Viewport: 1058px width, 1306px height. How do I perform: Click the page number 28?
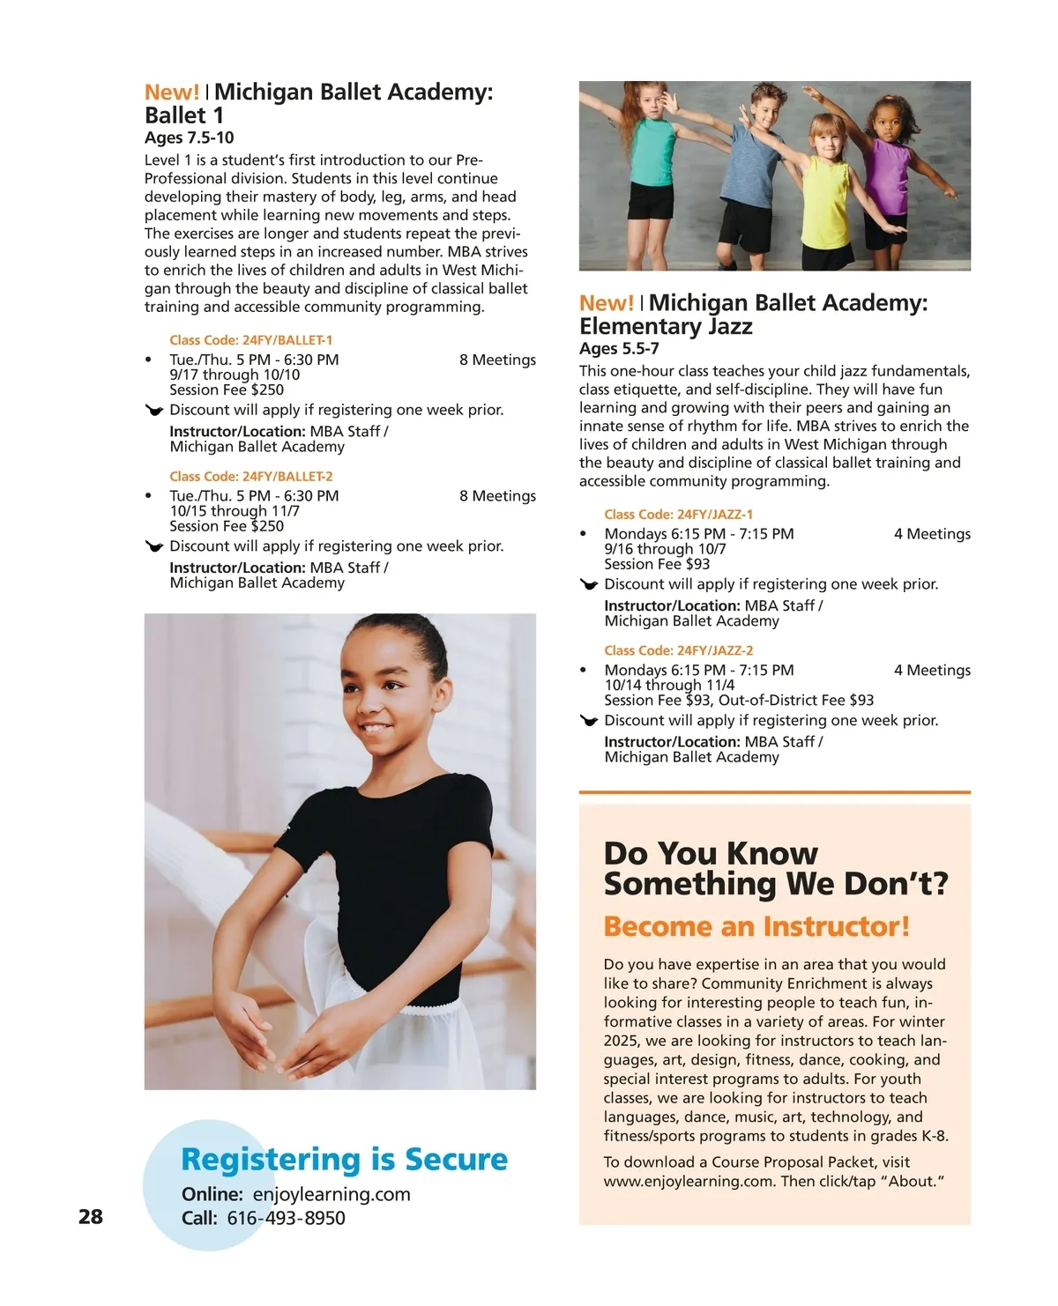pos(91,1217)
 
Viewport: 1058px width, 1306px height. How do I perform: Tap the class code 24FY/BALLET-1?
pos(250,340)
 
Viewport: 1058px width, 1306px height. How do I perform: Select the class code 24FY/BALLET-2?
pos(250,477)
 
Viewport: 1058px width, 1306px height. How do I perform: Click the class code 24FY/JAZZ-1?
pos(678,515)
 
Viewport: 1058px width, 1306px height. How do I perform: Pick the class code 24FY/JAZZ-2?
pos(678,651)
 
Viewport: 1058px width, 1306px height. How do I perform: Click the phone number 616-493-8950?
pos(286,1219)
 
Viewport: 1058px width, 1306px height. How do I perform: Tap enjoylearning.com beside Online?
pos(332,1195)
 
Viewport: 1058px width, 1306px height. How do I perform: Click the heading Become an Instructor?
pos(756,927)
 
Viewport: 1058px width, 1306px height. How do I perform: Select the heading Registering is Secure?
pos(344,1160)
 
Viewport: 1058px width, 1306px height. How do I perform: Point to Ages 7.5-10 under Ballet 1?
pos(190,137)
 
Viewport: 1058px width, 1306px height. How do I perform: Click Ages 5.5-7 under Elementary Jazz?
pos(619,349)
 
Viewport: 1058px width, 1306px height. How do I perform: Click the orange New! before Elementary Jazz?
pos(606,303)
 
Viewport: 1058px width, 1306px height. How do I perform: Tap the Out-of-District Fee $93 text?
pos(796,701)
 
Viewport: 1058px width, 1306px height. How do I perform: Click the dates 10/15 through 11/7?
pos(235,511)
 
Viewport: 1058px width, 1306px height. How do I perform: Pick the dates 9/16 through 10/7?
pos(665,549)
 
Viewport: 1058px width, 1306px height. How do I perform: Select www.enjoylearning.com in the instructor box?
pos(688,1182)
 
